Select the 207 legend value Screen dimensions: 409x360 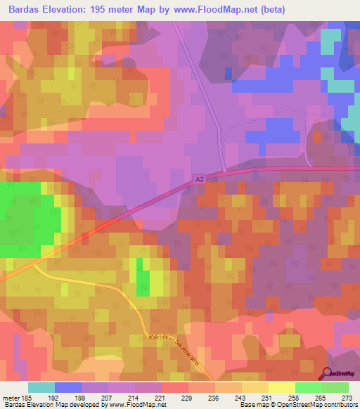[108, 397]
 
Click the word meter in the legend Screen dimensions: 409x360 [11, 397]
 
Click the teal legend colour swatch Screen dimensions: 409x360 [41, 387]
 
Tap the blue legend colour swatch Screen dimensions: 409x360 [68, 387]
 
